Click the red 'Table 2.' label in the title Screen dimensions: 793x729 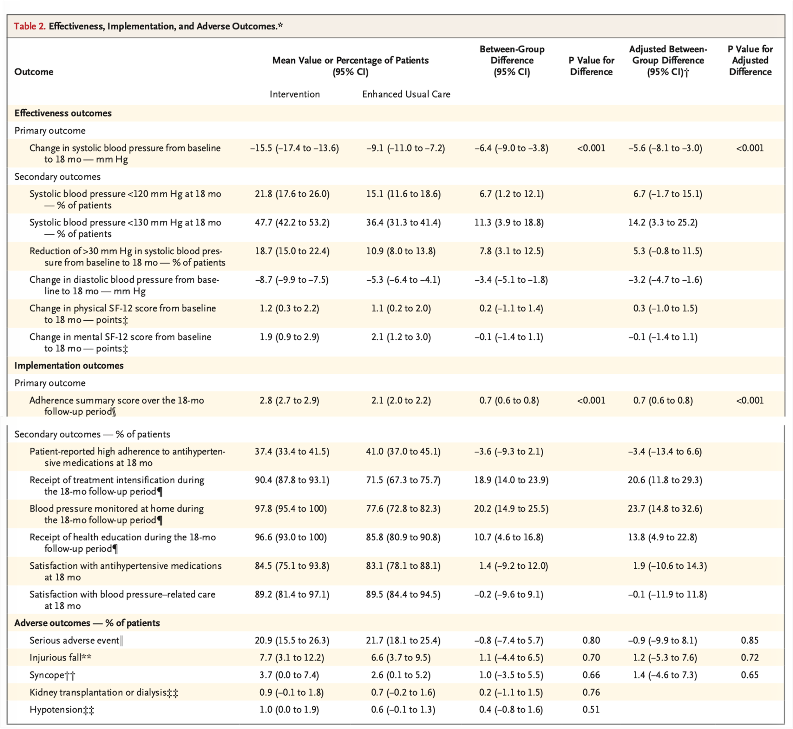coord(29,26)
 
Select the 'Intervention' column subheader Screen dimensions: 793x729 coord(294,94)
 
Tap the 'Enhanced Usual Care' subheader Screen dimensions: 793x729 coord(406,94)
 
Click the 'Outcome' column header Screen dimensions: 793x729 coord(34,72)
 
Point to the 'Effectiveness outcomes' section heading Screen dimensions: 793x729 coord(63,113)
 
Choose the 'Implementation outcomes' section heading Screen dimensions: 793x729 coord(69,366)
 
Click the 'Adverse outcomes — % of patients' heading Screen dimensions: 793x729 coord(87,623)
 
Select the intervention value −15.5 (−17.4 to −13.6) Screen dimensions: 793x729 coord(294,148)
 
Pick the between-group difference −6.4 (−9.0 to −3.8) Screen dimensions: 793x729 coord(511,148)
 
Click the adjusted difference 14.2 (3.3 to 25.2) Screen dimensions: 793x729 coord(663,223)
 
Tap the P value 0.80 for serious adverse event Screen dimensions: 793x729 coord(591,640)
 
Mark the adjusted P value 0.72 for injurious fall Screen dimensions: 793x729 coord(750,658)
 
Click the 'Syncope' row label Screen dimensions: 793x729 coord(52,675)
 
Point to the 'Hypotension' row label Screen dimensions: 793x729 coord(62,710)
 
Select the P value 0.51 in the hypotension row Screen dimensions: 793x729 coord(591,710)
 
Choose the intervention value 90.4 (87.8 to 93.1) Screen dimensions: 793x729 coord(292,480)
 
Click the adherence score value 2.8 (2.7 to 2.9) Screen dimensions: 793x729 coord(289,400)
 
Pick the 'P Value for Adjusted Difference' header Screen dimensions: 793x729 coord(750,60)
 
